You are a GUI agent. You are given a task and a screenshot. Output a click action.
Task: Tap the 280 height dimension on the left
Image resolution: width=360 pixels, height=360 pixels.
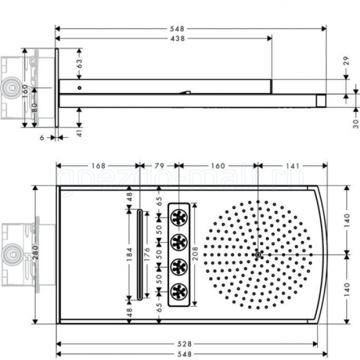pos(35,255)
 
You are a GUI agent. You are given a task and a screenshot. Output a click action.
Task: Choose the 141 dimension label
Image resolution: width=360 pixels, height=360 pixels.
pos(292,166)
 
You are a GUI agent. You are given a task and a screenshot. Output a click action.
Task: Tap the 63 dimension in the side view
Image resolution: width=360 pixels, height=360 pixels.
pos(79,64)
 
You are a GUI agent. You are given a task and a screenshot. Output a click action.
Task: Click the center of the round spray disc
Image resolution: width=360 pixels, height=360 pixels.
pos(258,254)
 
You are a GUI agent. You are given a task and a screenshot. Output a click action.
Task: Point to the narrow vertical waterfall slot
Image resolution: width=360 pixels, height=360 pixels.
pos(139,254)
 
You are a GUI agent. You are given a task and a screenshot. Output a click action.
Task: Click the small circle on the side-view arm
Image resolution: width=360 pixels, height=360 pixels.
pos(79,87)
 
